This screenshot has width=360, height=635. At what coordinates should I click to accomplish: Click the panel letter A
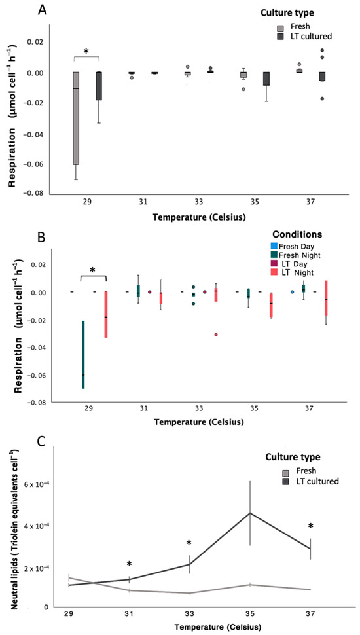(x=43, y=10)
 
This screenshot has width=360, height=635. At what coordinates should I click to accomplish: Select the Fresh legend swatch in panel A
(x=280, y=28)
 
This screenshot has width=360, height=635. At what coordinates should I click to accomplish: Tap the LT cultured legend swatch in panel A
(x=280, y=37)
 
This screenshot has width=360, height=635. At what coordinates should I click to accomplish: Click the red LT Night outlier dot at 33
(x=216, y=335)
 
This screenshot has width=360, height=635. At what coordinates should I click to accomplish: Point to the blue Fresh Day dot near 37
(x=292, y=291)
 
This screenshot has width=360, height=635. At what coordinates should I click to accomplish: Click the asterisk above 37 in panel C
(x=311, y=526)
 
